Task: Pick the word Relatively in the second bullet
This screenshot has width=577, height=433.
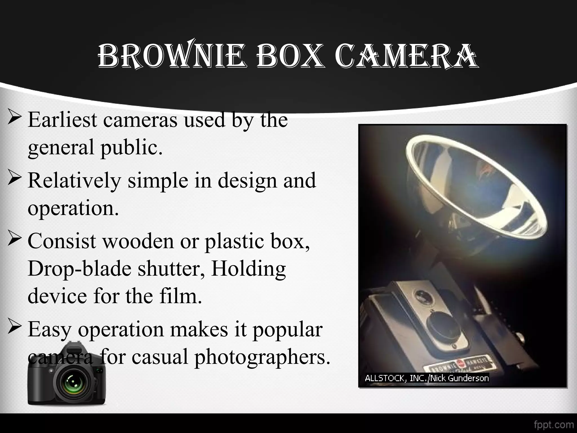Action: pos(74,181)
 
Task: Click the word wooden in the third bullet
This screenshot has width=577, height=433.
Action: pos(138,241)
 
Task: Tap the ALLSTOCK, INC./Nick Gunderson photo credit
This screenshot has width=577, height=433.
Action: pos(427,378)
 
